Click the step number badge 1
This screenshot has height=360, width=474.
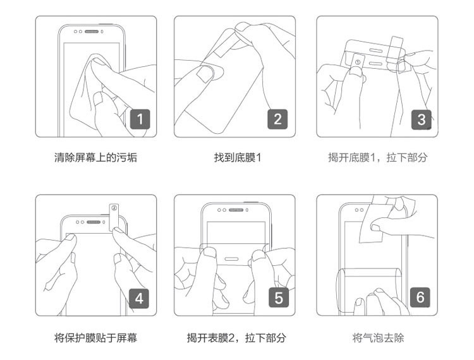(140, 118)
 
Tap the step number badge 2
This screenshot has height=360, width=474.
(277, 118)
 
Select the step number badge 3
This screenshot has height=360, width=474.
(421, 118)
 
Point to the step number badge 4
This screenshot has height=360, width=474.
(140, 297)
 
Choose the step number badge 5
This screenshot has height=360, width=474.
(277, 297)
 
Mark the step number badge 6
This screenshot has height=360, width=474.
(421, 297)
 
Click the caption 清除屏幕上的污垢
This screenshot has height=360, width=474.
(95, 157)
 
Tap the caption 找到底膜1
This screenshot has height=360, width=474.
(237, 157)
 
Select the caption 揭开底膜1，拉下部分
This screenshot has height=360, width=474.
(377, 157)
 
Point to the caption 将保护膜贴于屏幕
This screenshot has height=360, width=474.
(95, 338)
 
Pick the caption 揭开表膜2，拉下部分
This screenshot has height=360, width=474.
(237, 338)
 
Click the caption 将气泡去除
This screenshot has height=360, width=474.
(377, 338)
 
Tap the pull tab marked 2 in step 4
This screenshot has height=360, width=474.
(114, 215)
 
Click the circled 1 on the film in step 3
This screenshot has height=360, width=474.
(356, 63)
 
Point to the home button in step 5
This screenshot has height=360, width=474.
(231, 257)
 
